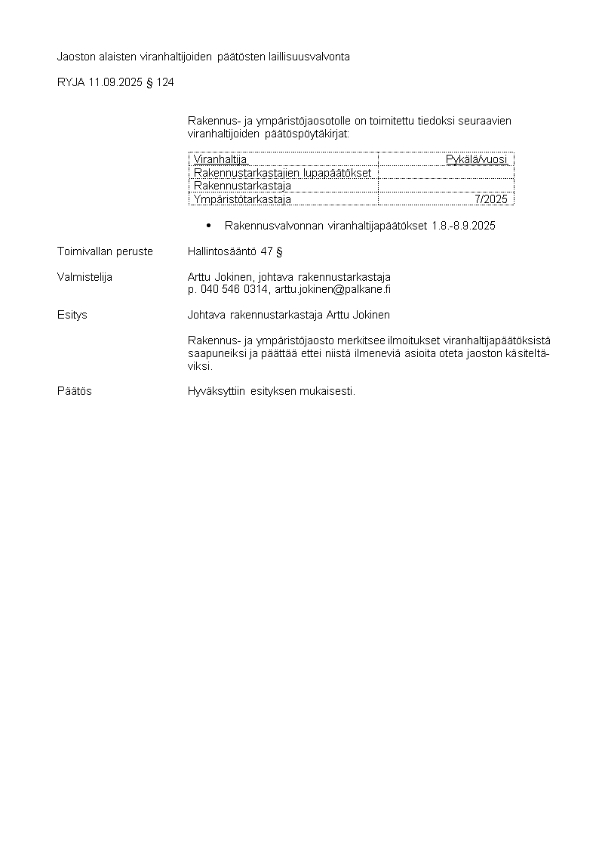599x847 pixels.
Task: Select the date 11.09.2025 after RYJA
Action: click(x=114, y=82)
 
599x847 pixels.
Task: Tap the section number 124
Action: click(x=165, y=82)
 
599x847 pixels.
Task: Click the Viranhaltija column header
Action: click(x=220, y=159)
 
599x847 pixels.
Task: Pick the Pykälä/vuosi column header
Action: click(x=477, y=159)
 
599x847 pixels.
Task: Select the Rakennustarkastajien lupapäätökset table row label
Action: click(x=282, y=173)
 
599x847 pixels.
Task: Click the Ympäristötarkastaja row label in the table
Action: click(x=242, y=199)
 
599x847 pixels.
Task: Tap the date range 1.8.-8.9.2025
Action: click(x=463, y=226)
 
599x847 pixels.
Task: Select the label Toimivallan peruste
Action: click(x=105, y=251)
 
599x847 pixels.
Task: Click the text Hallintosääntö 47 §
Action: click(x=235, y=251)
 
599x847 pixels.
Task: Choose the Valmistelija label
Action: click(x=84, y=277)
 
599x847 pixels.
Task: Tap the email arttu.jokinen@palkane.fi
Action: click(x=333, y=289)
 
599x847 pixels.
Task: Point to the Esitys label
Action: click(x=72, y=315)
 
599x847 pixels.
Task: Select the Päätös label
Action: click(x=75, y=391)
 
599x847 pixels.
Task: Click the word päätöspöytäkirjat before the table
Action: click(x=307, y=133)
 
